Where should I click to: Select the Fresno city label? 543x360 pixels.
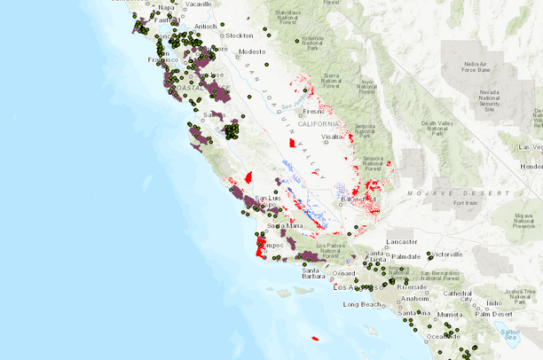point(313,112)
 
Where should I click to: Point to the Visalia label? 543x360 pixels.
point(333,137)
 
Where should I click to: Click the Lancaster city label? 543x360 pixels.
point(403,242)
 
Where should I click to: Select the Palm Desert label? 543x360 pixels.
point(494,314)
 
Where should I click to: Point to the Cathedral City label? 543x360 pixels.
point(458,295)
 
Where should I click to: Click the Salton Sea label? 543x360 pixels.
point(509,334)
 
